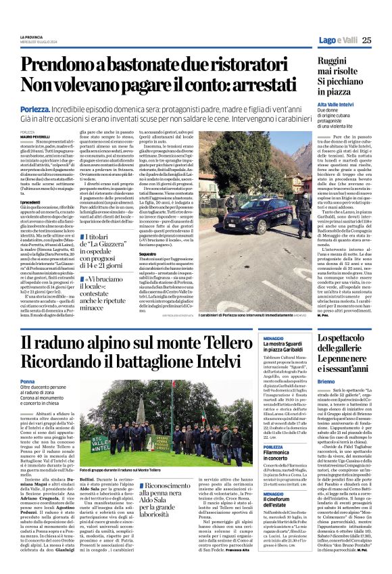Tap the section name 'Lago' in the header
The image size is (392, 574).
pos(328,40)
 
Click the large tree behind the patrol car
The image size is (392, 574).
pos(264,169)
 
